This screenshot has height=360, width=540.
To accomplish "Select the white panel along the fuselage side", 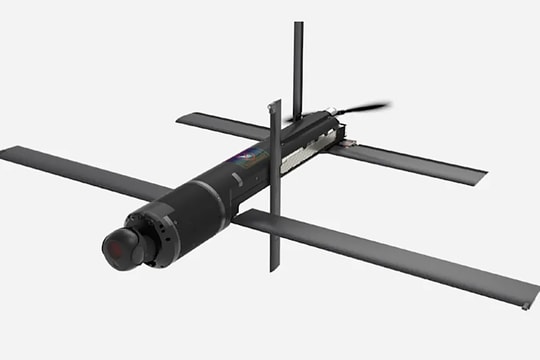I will tap(300, 147).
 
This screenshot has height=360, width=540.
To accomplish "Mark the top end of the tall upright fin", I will tap(298, 25).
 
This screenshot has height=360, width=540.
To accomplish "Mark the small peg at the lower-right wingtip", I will tap(525, 306).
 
